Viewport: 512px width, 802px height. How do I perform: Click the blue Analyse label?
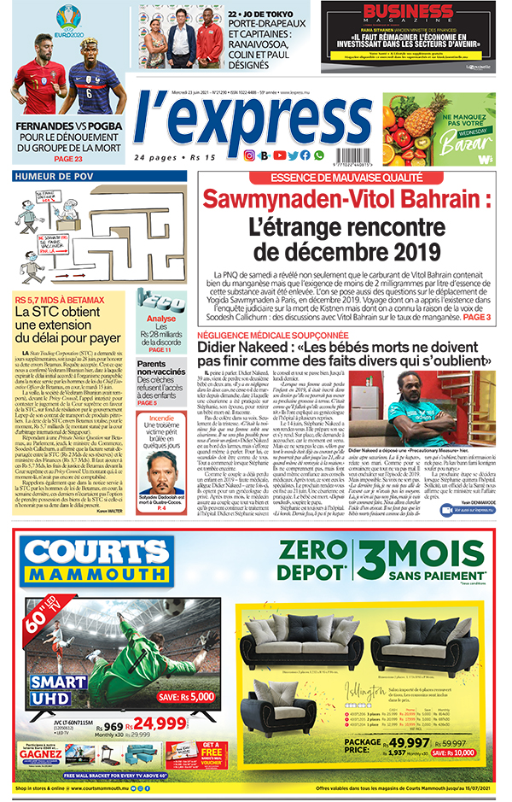(x=160, y=318)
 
